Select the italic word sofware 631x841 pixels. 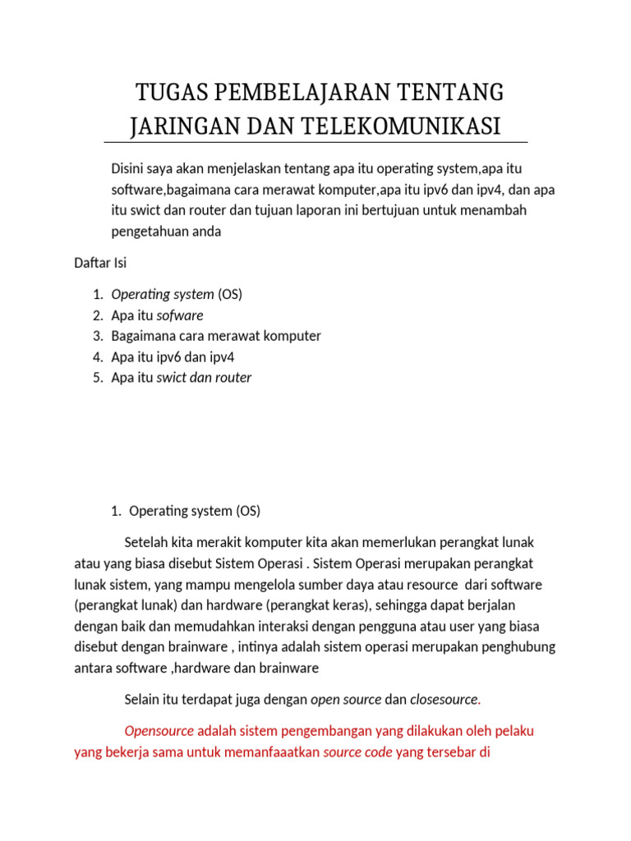(x=179, y=315)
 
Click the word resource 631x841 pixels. (x=428, y=584)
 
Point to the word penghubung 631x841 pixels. (x=515, y=646)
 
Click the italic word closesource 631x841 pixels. (x=443, y=699)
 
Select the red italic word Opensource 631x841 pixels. (x=159, y=730)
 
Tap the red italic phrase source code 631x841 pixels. (x=357, y=751)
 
